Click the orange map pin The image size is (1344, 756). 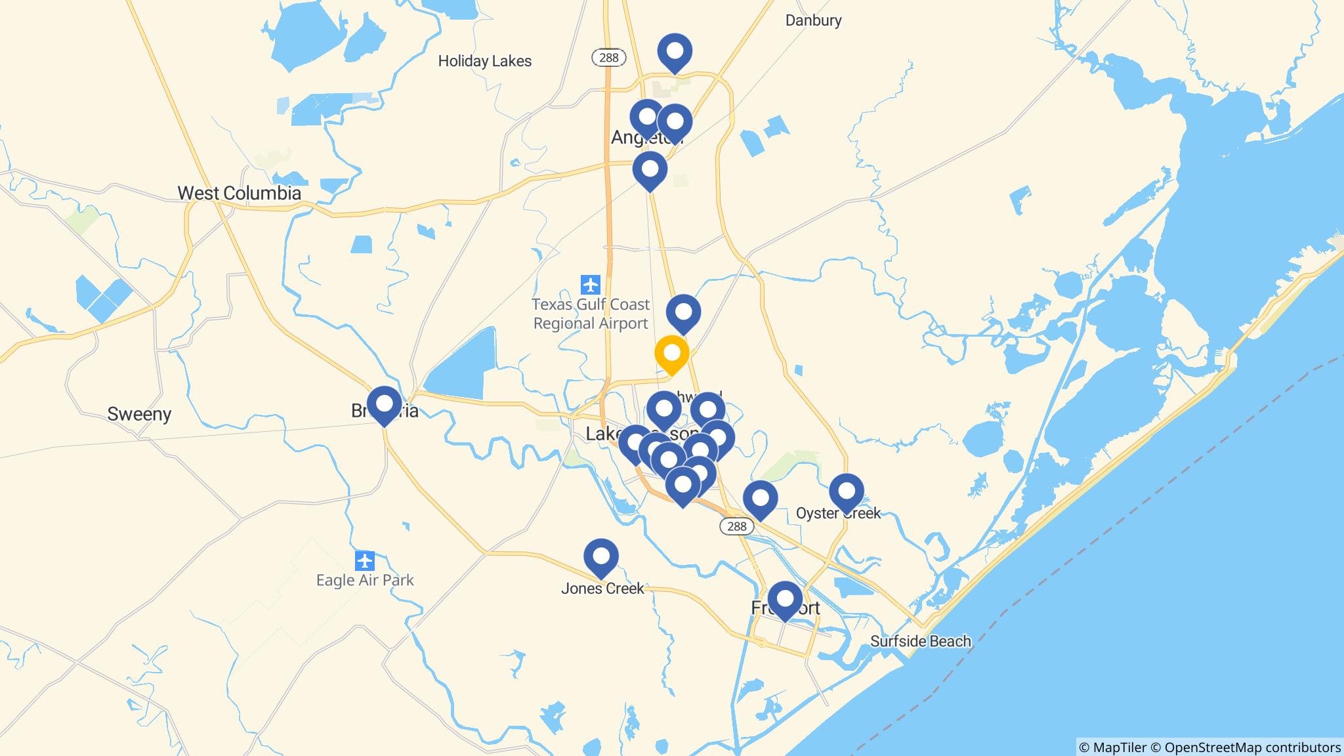pyautogui.click(x=671, y=354)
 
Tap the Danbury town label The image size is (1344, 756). pyautogui.click(x=813, y=20)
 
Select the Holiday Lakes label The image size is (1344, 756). pyautogui.click(x=484, y=61)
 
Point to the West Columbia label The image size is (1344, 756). pyautogui.click(x=239, y=193)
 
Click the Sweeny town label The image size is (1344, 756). pyautogui.click(x=139, y=414)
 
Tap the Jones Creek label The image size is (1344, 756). pyautogui.click(x=602, y=589)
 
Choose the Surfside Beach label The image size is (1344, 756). pyautogui.click(x=920, y=641)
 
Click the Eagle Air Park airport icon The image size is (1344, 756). pyautogui.click(x=364, y=561)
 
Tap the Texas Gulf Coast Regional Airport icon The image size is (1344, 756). pyautogui.click(x=591, y=285)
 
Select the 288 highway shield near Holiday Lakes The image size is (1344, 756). pyautogui.click(x=608, y=58)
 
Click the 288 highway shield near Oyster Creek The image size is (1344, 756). pyautogui.click(x=736, y=526)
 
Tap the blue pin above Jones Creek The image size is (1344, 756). pyautogui.click(x=600, y=556)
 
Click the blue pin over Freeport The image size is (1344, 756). pyautogui.click(x=784, y=599)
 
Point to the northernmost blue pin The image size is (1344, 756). pyautogui.click(x=674, y=51)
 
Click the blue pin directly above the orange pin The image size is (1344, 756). pyautogui.click(x=683, y=312)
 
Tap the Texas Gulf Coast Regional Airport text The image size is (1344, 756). pyautogui.click(x=591, y=314)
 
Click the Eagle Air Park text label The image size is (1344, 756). pyautogui.click(x=365, y=580)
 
